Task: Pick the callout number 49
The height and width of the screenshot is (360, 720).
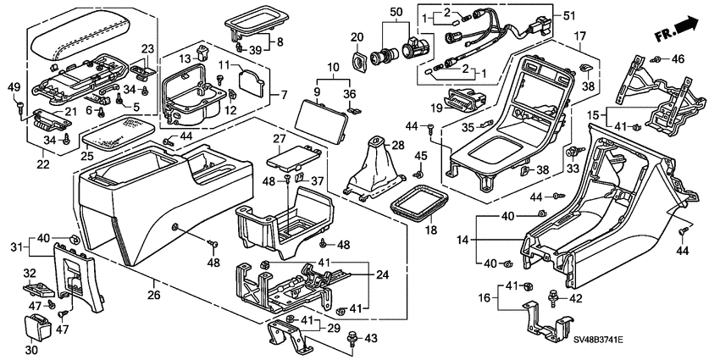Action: click(13, 86)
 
